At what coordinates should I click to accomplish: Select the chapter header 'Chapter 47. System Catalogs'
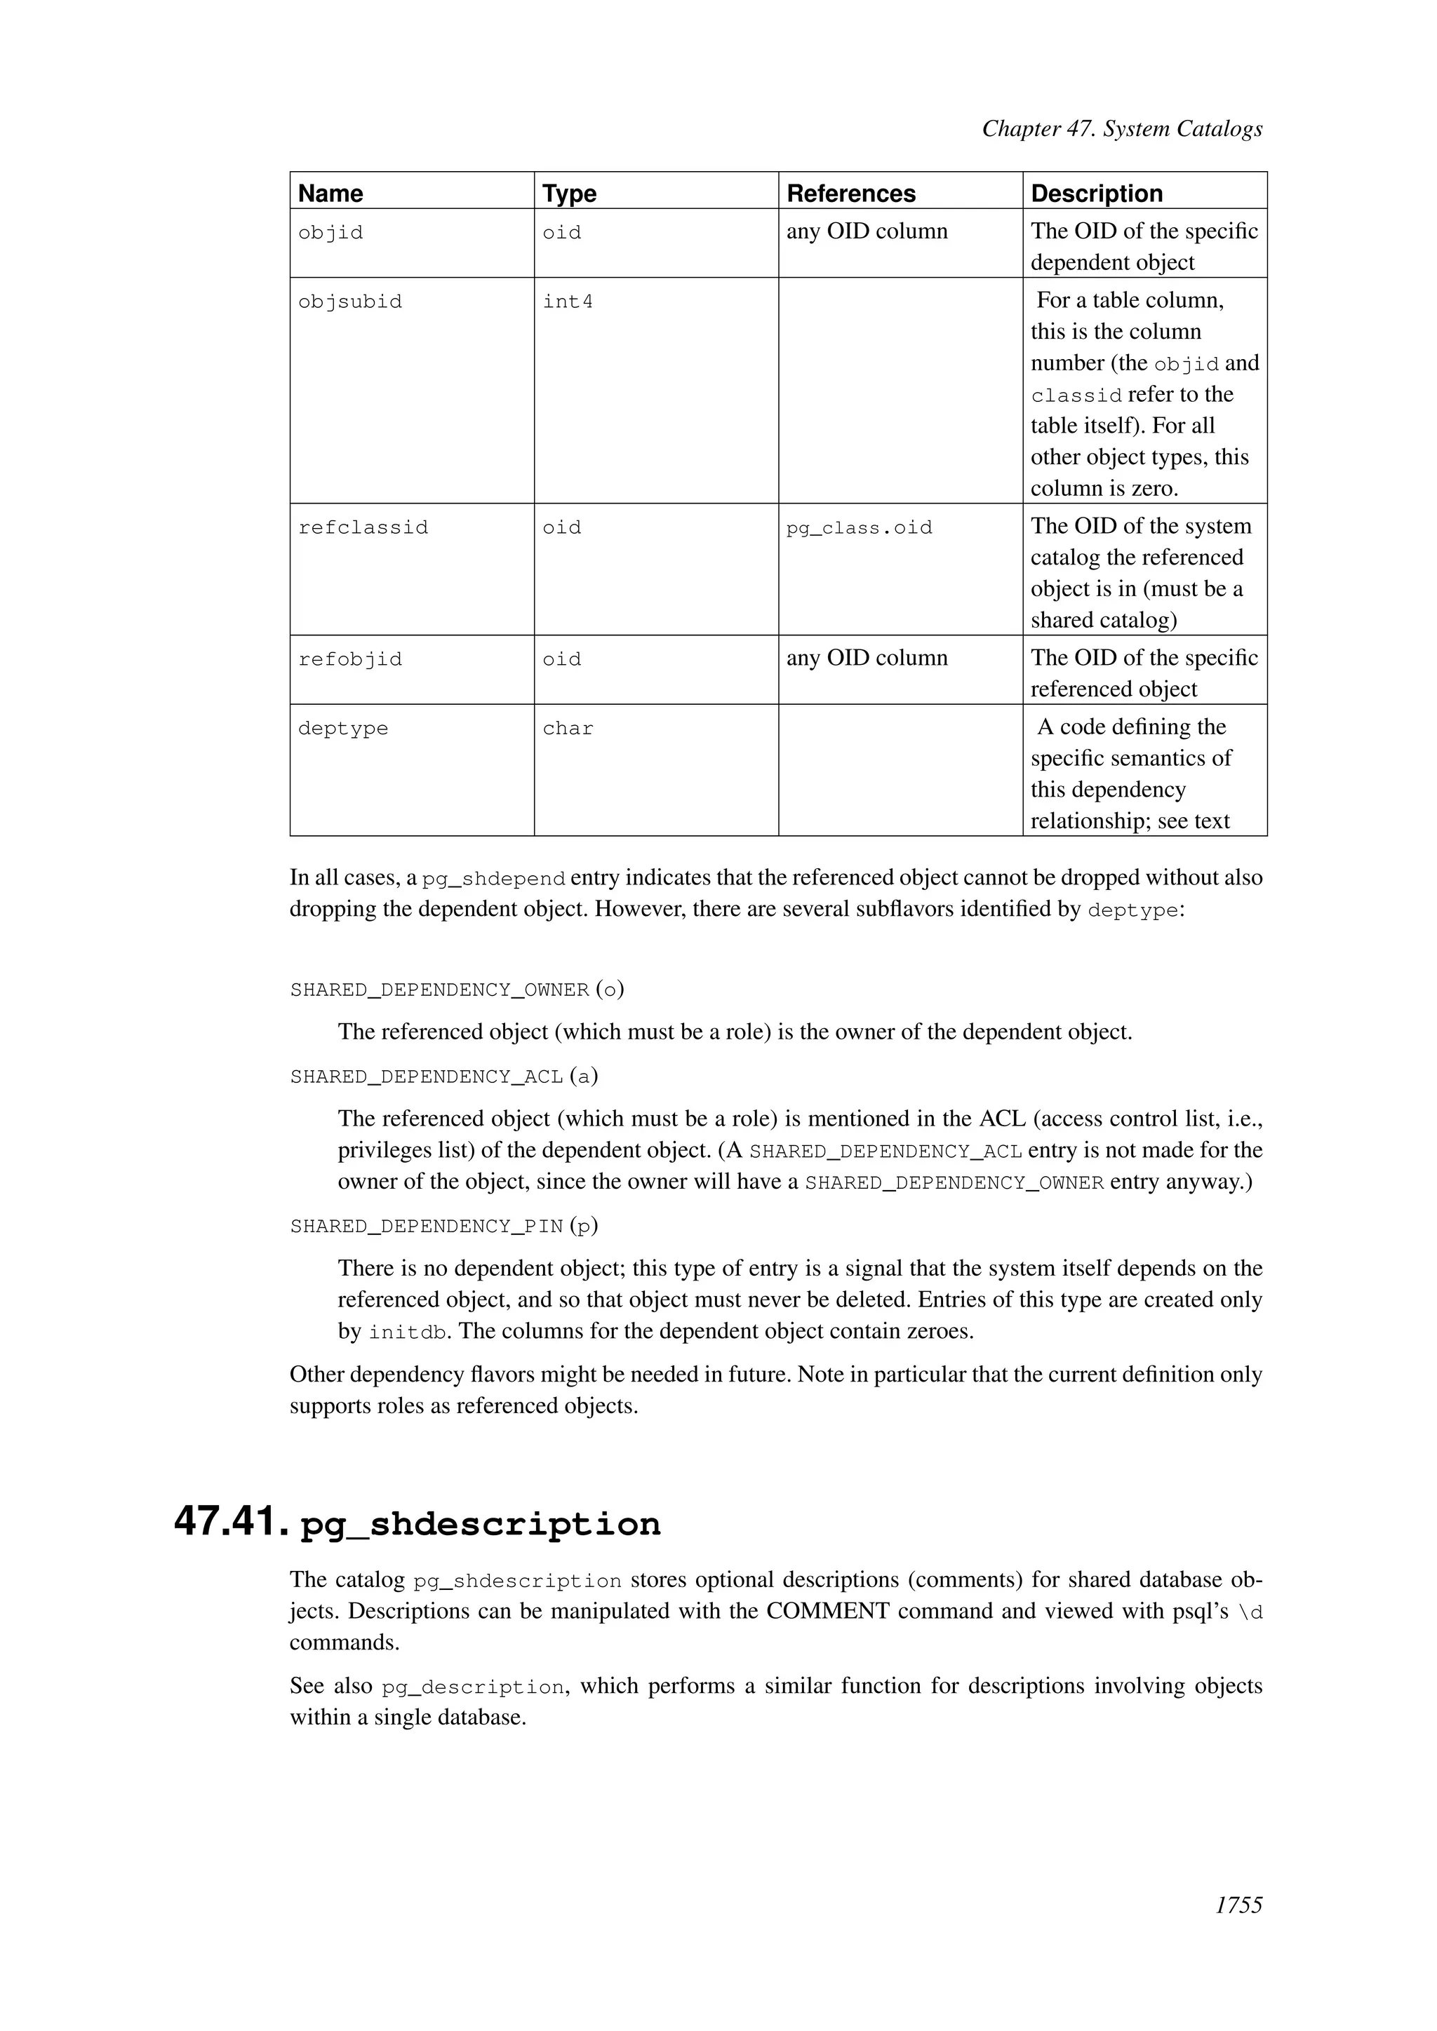[1121, 129]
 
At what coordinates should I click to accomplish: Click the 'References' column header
[850, 193]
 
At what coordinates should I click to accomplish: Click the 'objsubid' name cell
[349, 302]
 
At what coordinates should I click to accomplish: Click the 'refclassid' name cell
[363, 528]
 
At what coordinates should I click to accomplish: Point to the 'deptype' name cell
[343, 728]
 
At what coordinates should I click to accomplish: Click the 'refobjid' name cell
[349, 659]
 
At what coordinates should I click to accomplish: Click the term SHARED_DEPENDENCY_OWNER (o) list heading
[457, 989]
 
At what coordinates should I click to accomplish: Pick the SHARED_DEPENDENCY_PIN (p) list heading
[443, 1225]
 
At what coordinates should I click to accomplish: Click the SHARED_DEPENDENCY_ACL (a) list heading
[443, 1076]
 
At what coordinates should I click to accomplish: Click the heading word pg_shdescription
[481, 1524]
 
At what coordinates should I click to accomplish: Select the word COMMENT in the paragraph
[827, 1610]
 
